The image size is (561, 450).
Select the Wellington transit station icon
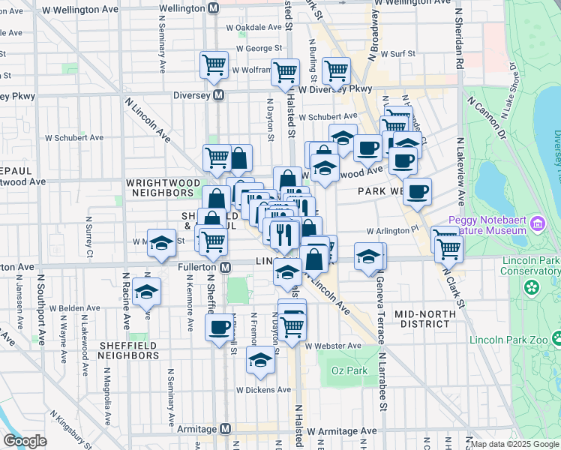pos(213,7)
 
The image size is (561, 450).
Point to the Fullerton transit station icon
pos(225,267)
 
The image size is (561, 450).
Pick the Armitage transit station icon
pos(225,428)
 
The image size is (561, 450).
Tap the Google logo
pos(25,441)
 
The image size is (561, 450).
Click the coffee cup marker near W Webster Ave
pos(220,328)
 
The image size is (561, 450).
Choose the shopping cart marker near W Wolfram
pos(214,64)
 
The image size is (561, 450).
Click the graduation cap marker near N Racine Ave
pos(147,292)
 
